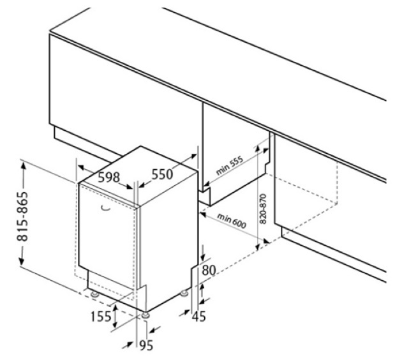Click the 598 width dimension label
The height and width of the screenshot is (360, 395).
[109, 177]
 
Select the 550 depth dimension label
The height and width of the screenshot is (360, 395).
[162, 174]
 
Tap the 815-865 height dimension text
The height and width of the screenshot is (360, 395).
[22, 216]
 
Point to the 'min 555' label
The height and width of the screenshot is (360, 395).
[230, 165]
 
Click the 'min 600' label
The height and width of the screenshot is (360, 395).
[231, 221]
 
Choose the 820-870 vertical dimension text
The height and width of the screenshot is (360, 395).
[262, 209]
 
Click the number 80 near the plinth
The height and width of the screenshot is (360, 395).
[209, 270]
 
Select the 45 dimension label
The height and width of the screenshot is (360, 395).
[198, 316]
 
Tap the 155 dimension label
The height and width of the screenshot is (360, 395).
[101, 316]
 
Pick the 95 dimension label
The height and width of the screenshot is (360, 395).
[146, 345]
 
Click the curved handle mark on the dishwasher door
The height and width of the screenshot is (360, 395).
[106, 208]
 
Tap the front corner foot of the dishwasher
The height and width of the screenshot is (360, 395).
[145, 315]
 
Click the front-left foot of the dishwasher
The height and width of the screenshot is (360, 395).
[94, 294]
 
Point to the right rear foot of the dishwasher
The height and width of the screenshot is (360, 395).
[184, 293]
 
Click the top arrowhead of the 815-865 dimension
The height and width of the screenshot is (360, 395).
[24, 167]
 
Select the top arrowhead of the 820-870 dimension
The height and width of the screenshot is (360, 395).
[257, 148]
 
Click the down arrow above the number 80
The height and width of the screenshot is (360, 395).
[203, 256]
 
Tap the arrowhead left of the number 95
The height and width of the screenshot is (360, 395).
[130, 343]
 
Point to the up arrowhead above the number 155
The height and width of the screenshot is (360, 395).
[115, 307]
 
